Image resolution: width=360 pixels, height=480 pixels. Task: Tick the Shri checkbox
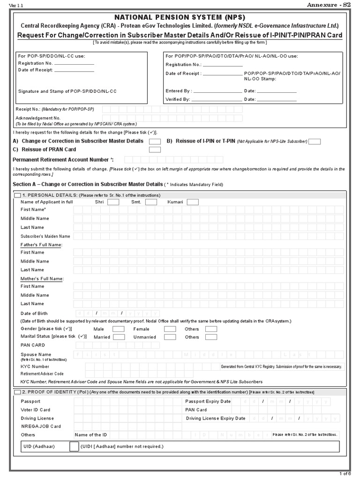pos(113,202)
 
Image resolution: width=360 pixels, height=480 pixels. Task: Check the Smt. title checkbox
pos(151,202)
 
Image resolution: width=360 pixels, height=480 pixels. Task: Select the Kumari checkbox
pos(193,202)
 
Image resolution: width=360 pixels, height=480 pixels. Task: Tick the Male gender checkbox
pos(119,329)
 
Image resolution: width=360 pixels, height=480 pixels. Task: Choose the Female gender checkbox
pos(170,329)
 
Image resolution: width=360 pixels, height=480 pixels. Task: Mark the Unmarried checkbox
pos(170,337)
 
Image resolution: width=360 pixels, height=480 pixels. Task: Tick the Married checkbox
pos(119,337)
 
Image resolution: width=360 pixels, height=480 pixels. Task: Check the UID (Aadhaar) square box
pos(74,446)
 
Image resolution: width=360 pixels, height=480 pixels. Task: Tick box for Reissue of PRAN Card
pos(155,150)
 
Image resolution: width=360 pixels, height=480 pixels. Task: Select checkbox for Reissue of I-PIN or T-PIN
pos(315,142)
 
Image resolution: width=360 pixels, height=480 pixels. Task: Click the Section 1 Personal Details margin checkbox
pos(17,195)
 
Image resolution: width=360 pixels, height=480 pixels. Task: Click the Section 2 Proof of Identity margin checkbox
pos(17,392)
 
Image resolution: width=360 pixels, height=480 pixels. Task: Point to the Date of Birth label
pos(34,313)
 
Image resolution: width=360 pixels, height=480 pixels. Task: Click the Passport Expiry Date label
pos(208,401)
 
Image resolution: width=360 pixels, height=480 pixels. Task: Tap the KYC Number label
pos(35,367)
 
